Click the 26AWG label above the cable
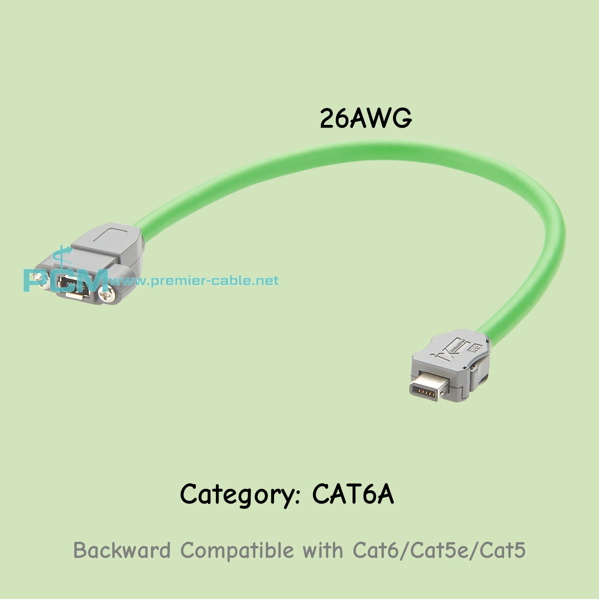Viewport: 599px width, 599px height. tap(366, 118)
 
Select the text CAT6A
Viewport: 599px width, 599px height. tap(353, 493)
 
